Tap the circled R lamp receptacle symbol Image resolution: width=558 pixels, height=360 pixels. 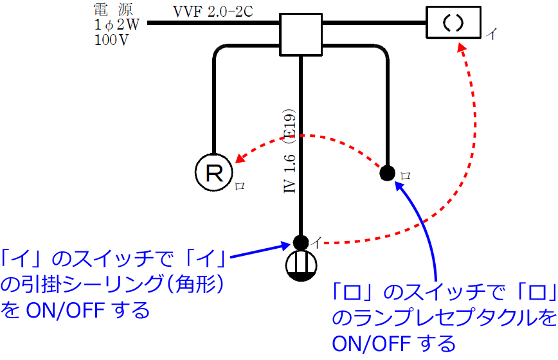click(x=212, y=172)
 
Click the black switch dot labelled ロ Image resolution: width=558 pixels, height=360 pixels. click(x=386, y=172)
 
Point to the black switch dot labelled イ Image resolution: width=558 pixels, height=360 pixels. click(x=300, y=242)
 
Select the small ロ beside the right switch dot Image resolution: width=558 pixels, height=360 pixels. click(x=404, y=175)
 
